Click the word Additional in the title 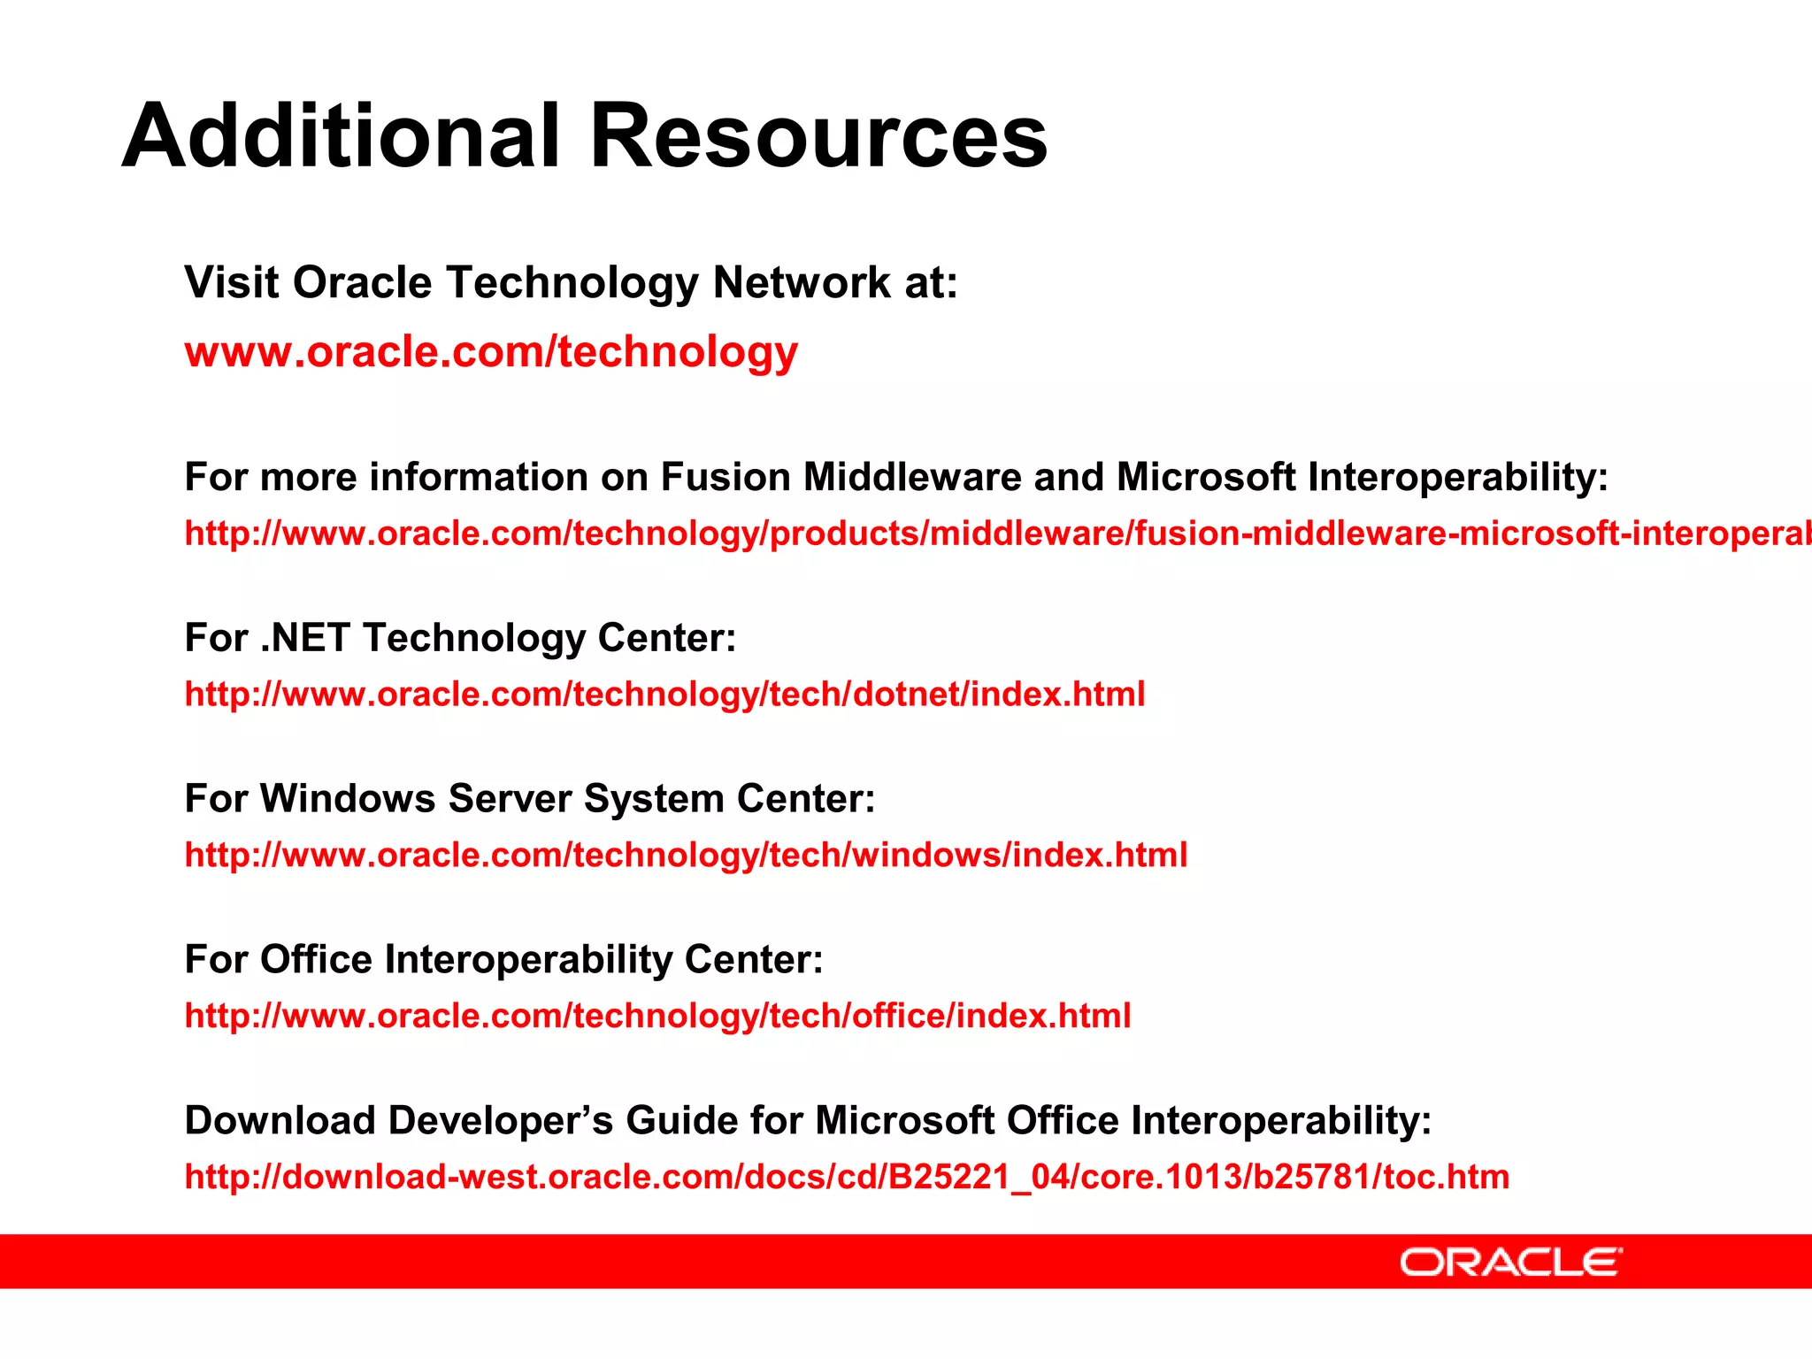point(341,136)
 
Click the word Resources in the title point(818,136)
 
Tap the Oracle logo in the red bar point(1511,1262)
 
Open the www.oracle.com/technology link point(491,352)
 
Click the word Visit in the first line point(232,283)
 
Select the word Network point(802,283)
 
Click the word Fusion point(726,477)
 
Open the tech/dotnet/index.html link point(664,695)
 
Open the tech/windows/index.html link point(686,856)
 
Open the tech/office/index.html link point(657,1017)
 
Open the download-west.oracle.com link point(847,1178)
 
